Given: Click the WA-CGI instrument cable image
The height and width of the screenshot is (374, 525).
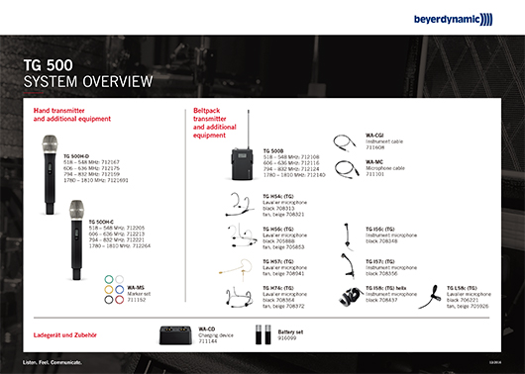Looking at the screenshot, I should pyautogui.click(x=347, y=140).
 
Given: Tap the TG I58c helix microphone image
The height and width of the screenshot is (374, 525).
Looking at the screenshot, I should pyautogui.click(x=354, y=295).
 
